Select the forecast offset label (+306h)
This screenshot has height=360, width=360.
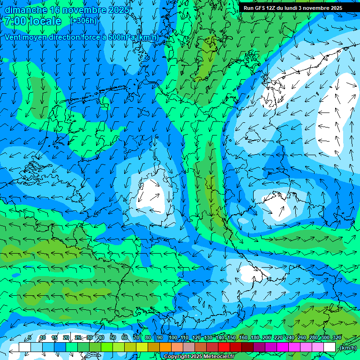[x=83, y=21]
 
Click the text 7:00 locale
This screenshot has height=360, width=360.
[x=33, y=21]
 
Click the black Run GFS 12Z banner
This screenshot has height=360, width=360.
[x=293, y=8]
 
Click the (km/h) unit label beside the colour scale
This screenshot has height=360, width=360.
[x=347, y=348]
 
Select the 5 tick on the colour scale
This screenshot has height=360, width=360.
[x=30, y=337]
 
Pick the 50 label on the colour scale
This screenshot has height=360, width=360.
[x=113, y=337]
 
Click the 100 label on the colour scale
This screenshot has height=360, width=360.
[x=172, y=337]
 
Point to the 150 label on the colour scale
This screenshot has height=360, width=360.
[x=232, y=337]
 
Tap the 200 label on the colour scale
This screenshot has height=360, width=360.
[x=267, y=337]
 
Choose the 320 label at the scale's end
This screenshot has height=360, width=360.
[x=337, y=337]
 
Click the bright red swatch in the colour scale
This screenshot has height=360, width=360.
[x=224, y=347]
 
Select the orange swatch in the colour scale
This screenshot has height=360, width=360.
[x=165, y=347]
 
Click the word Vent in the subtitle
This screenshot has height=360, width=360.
[x=13, y=37]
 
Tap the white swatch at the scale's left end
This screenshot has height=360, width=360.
[x=25, y=347]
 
